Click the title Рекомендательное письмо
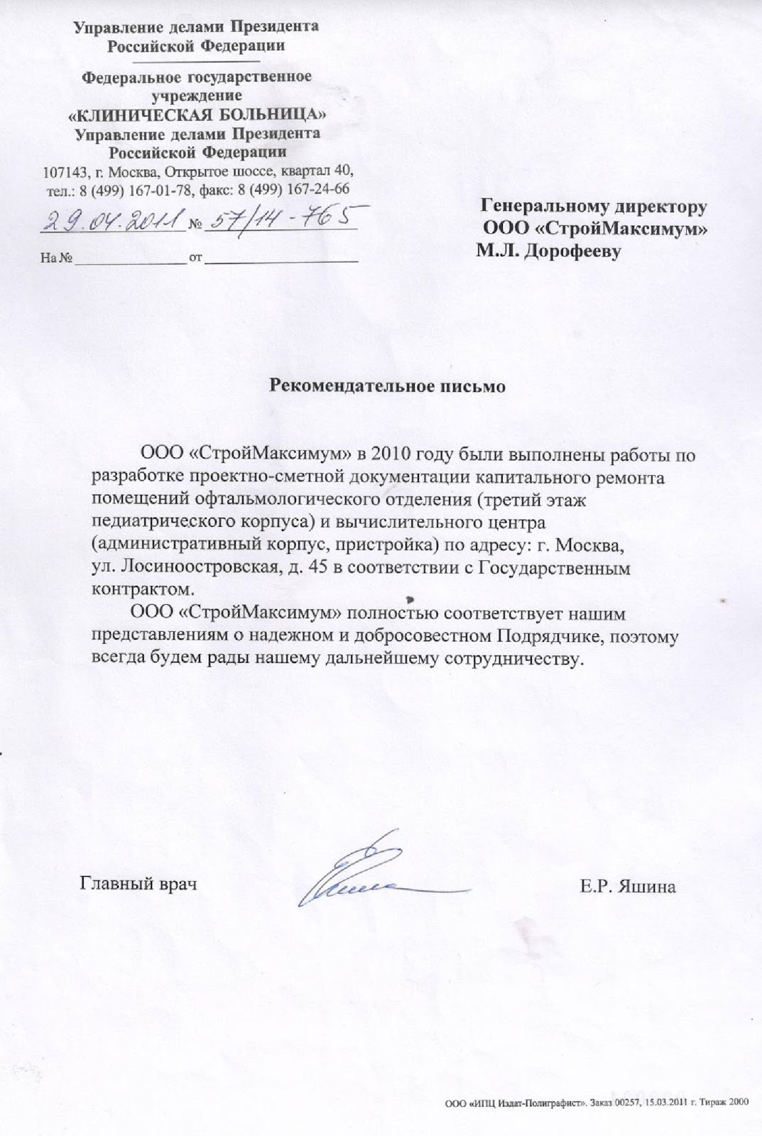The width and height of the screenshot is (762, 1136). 388,386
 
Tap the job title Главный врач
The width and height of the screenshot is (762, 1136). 138,885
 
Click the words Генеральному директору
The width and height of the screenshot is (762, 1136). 594,207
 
